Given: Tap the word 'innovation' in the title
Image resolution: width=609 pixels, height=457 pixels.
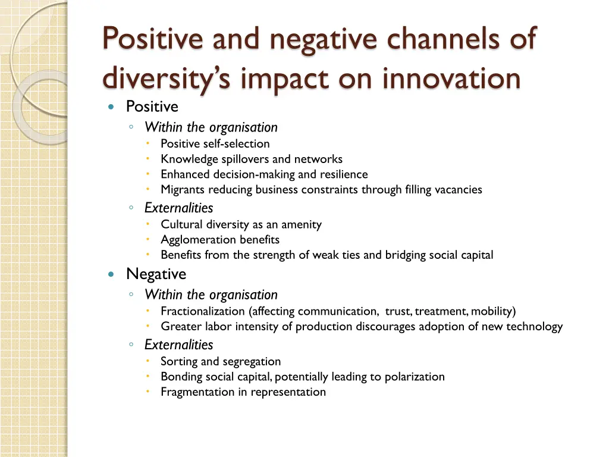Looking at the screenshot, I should [451, 78].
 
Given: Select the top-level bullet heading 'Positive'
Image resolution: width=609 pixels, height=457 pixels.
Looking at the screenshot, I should [152, 107].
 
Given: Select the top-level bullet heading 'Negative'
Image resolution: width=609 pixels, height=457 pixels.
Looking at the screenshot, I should [156, 274].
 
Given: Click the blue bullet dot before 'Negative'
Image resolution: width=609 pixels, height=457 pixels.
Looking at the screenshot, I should [111, 274].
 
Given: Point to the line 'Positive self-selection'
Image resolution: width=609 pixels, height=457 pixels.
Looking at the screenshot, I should [215, 143].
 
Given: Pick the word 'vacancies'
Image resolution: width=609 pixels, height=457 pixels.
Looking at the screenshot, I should [458, 190].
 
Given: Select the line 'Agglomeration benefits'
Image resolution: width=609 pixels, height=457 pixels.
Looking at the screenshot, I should [219, 240].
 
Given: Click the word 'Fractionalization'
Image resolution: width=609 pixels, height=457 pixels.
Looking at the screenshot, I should [203, 311].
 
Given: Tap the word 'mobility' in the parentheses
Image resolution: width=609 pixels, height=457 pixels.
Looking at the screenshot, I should [492, 311].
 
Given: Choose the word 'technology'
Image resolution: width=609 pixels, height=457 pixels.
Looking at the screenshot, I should [534, 327].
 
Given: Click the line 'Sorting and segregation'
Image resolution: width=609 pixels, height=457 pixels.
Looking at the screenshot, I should [220, 361].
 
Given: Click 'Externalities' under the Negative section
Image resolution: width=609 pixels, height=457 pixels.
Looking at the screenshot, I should [178, 345].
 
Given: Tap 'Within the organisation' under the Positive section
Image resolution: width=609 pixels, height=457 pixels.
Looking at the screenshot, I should [211, 127].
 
